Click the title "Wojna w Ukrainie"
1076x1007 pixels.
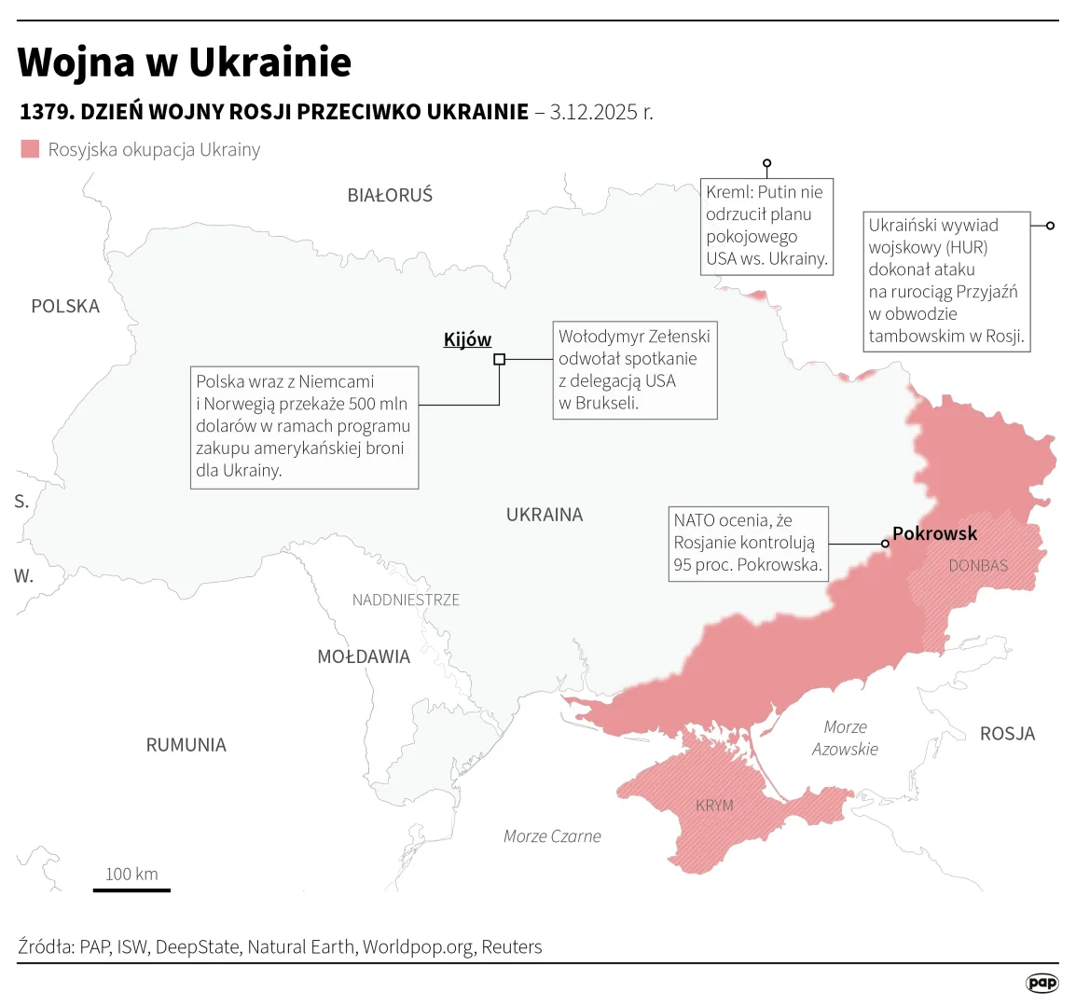(x=185, y=62)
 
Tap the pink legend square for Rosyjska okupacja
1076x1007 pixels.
(x=31, y=149)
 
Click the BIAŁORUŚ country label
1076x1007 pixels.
(x=390, y=196)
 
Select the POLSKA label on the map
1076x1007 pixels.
(x=65, y=307)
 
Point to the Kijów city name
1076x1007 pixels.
(x=467, y=339)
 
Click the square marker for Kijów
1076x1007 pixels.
(x=499, y=359)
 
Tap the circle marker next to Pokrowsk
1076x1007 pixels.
(x=885, y=544)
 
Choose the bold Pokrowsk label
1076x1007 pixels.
(x=934, y=533)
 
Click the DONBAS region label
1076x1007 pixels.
(x=978, y=566)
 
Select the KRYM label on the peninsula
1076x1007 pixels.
(x=714, y=806)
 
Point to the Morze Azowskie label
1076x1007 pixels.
(x=845, y=738)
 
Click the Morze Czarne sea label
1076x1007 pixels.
(x=552, y=836)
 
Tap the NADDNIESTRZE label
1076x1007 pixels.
(x=406, y=600)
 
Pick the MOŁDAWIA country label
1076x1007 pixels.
(x=364, y=657)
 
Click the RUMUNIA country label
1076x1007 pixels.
(x=186, y=745)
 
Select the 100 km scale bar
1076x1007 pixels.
(x=131, y=890)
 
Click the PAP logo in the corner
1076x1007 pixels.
(x=1042, y=983)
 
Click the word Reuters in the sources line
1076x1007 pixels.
(x=511, y=947)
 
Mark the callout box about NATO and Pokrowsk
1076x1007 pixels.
(x=748, y=544)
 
